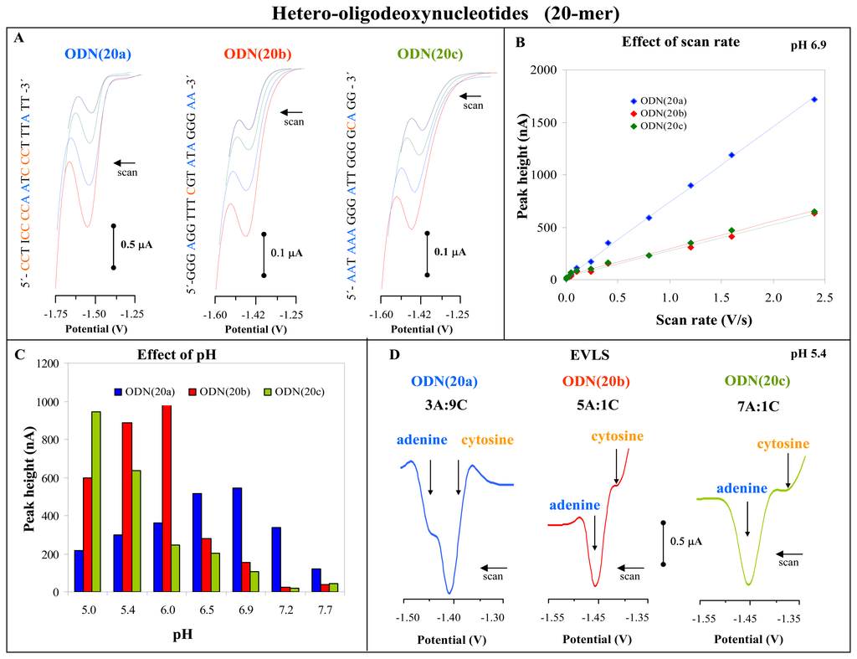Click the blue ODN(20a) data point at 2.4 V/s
(813, 100)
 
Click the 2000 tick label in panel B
(544, 70)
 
